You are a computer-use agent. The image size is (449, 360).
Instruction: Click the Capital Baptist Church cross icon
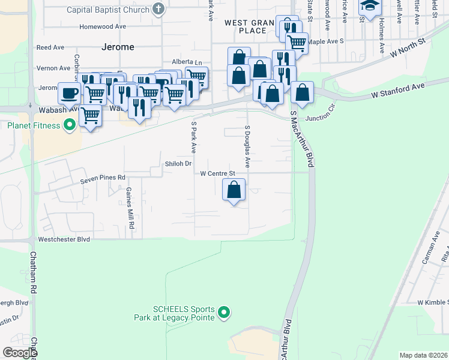158,8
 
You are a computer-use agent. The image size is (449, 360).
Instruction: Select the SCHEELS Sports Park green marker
224,312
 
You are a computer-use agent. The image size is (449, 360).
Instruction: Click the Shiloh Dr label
178,163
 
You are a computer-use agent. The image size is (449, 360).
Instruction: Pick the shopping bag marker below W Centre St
234,191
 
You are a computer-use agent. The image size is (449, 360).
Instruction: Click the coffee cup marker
68,93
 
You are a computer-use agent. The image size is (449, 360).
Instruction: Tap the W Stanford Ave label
397,90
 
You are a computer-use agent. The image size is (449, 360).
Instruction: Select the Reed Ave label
50,47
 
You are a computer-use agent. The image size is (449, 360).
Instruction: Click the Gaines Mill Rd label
129,207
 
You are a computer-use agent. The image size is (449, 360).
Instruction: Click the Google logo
20,352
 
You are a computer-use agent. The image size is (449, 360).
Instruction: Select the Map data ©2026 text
423,355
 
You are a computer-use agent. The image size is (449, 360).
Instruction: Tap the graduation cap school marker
368,6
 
